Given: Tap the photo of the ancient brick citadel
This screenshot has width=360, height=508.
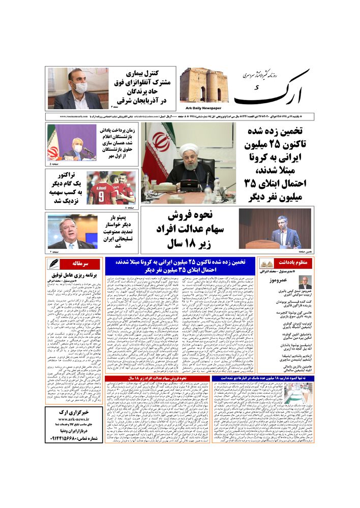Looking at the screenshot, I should [x=204, y=85].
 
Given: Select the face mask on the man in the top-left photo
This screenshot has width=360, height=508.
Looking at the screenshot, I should [x=80, y=87].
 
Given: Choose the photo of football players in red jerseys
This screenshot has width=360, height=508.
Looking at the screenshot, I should [x=111, y=187].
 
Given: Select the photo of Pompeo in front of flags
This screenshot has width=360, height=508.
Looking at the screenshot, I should [x=71, y=231].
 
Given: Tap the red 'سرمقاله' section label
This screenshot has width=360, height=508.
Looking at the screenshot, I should [x=80, y=264].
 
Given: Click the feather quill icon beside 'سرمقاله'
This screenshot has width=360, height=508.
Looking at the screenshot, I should [x=54, y=264].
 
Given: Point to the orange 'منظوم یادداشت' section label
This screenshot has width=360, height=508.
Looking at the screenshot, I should [x=292, y=263].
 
